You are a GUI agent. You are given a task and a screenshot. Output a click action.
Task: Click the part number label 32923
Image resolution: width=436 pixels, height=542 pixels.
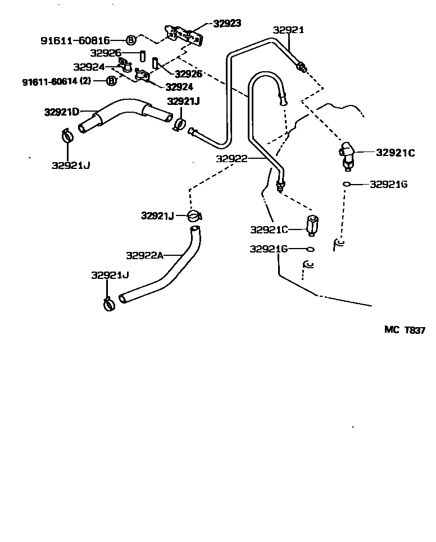click(x=227, y=24)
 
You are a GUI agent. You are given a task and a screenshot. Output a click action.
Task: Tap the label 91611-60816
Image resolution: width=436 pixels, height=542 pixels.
click(x=75, y=40)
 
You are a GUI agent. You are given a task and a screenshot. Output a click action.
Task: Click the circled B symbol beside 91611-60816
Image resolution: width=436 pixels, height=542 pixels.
click(x=130, y=40)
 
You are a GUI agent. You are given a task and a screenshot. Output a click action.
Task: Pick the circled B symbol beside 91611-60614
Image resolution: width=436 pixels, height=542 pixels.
click(x=111, y=81)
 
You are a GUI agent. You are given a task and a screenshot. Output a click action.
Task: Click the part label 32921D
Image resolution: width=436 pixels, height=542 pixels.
click(x=61, y=112)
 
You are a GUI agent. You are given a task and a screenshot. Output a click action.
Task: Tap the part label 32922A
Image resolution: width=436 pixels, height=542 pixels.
click(x=144, y=255)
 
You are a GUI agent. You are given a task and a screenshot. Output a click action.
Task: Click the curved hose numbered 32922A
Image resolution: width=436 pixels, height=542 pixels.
click(x=169, y=269)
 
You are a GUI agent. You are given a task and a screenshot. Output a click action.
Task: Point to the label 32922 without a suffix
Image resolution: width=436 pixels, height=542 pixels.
click(x=231, y=159)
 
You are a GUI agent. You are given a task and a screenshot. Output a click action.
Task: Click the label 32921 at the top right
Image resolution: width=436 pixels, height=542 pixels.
click(x=288, y=30)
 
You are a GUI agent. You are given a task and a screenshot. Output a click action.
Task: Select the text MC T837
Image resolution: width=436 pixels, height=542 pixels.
click(x=405, y=330)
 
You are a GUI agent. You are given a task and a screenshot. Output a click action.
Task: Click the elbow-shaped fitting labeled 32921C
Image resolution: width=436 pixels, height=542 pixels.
click(x=346, y=153)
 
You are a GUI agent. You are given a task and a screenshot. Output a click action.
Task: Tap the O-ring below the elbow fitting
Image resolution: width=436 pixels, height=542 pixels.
click(x=347, y=184)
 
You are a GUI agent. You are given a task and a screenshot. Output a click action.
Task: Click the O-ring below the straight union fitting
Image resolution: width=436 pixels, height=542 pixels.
click(x=310, y=249)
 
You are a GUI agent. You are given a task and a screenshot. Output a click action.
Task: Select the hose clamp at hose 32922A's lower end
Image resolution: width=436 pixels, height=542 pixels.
click(x=110, y=304)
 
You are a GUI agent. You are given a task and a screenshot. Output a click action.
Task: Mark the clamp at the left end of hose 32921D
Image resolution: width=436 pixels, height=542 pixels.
click(x=67, y=135)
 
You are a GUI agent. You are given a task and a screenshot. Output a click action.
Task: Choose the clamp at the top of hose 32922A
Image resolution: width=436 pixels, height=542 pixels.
click(x=193, y=215)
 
